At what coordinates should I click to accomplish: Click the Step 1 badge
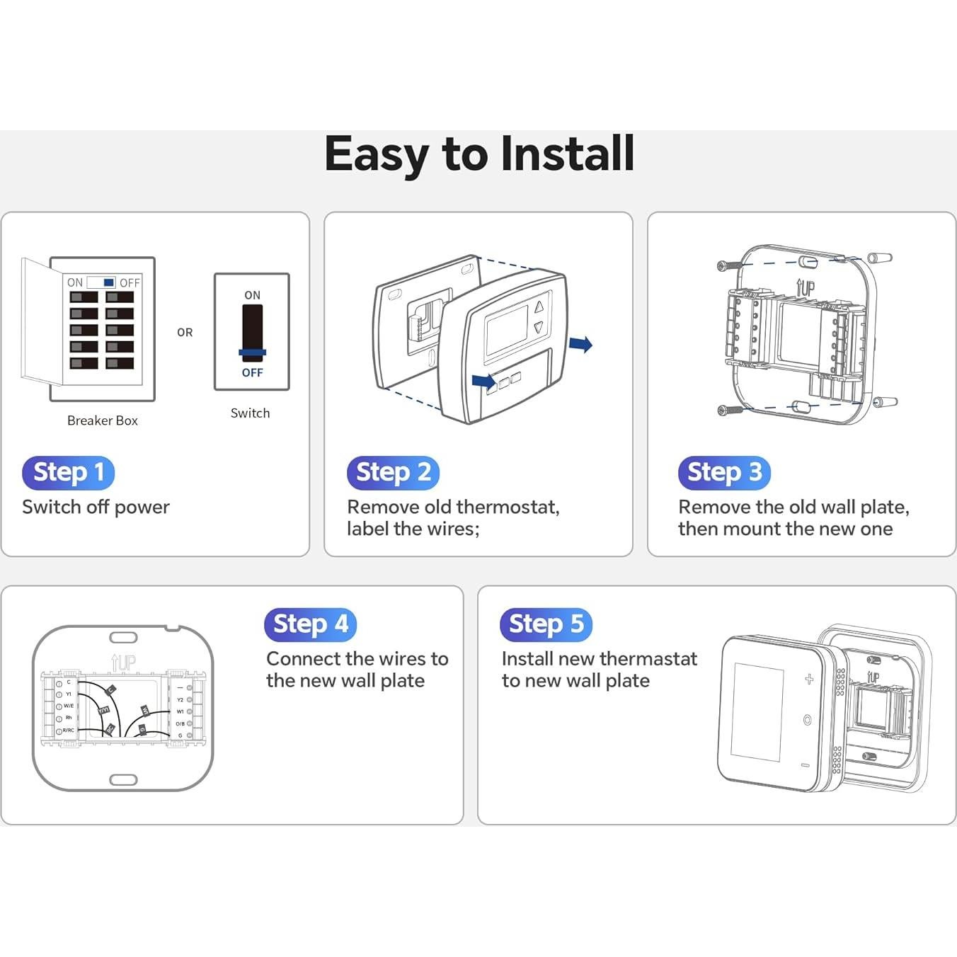(68, 472)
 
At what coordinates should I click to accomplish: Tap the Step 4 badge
(310, 624)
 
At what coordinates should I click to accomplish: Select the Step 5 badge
(546, 624)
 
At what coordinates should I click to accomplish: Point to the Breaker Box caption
(102, 420)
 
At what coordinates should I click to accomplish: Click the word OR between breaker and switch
(185, 332)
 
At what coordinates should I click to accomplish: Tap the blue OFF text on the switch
(252, 372)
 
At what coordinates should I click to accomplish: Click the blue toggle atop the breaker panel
(108, 282)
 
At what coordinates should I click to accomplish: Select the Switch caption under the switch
(250, 413)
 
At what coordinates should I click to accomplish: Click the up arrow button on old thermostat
(539, 307)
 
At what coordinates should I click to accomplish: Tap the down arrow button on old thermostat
(539, 328)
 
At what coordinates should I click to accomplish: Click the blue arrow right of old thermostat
(581, 345)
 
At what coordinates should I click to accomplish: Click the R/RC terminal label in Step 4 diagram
(69, 730)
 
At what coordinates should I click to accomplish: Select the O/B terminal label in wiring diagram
(180, 723)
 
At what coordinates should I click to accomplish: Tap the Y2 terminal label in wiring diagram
(180, 699)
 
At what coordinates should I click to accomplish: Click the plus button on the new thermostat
(809, 680)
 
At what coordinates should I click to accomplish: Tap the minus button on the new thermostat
(806, 765)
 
